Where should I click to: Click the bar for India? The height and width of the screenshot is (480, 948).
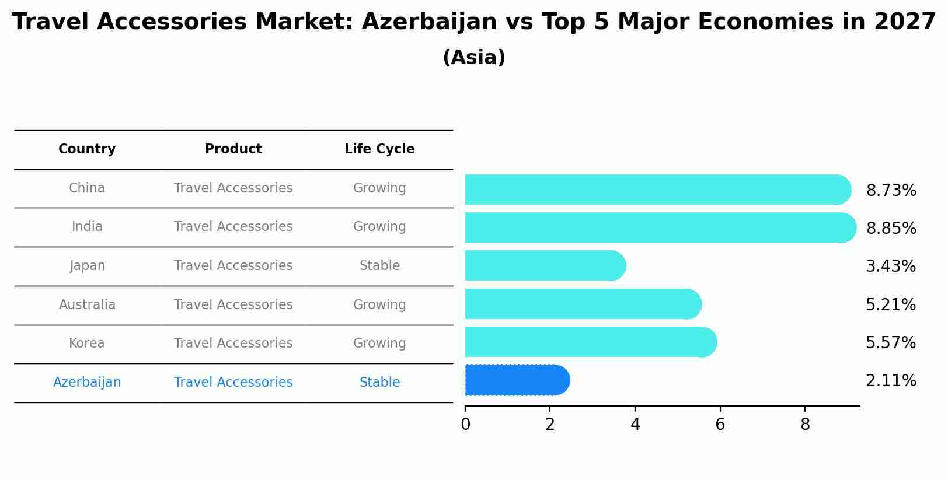point(661,227)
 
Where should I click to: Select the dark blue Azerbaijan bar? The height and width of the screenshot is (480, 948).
point(518,380)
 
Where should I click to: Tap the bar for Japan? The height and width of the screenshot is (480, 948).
point(546,265)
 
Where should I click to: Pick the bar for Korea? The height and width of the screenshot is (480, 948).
point(591,342)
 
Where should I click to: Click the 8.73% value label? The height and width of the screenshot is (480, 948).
point(891,190)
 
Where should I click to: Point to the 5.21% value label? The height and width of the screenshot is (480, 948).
point(891,304)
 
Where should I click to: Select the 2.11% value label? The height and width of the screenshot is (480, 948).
point(891,381)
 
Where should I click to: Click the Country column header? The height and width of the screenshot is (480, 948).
point(87,149)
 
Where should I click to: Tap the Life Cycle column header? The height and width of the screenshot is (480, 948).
point(379,149)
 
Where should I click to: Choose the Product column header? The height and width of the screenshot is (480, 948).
point(233,149)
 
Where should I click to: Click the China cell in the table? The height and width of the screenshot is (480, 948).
point(87,188)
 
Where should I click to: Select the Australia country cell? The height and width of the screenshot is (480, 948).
point(87,304)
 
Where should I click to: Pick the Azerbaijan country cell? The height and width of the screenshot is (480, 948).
point(87,382)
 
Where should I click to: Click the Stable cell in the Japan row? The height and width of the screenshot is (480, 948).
point(379,265)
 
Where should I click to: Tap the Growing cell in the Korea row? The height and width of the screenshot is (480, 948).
point(379,343)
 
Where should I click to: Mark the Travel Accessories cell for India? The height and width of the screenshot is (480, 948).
point(233,227)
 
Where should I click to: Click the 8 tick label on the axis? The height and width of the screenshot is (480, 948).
point(805,424)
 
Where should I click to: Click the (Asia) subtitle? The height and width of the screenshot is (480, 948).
point(474,58)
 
